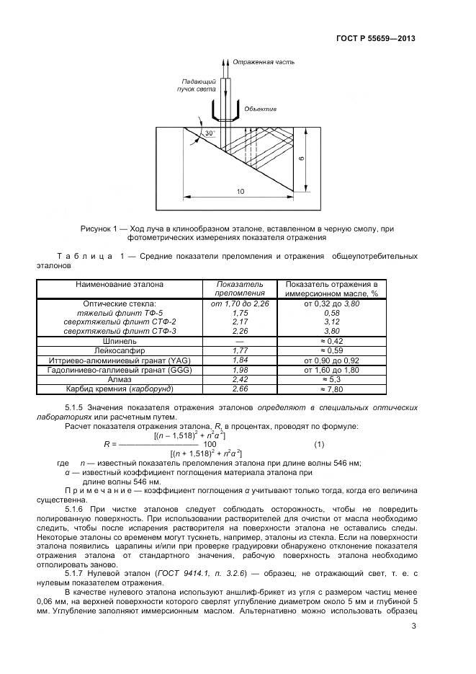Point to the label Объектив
(260, 110)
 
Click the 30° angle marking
(210, 134)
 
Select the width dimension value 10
(239, 191)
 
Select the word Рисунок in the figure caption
(97, 229)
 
